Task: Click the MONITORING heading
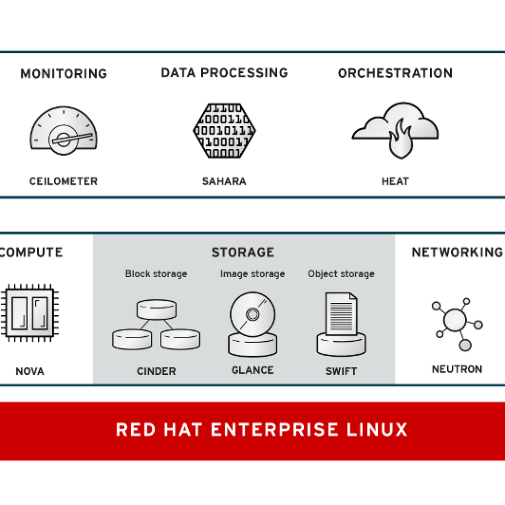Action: pyautogui.click(x=63, y=74)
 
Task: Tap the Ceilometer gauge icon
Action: pyautogui.click(x=64, y=131)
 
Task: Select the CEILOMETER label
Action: pyautogui.click(x=64, y=181)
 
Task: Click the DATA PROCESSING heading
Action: pyautogui.click(x=224, y=73)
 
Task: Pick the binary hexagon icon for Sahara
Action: pyautogui.click(x=224, y=131)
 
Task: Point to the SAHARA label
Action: pyautogui.click(x=224, y=181)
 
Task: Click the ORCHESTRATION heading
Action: pyautogui.click(x=395, y=73)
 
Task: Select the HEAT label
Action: pyautogui.click(x=395, y=181)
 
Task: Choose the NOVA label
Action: pyautogui.click(x=30, y=371)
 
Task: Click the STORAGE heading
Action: pyautogui.click(x=243, y=252)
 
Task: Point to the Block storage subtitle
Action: pyautogui.click(x=156, y=274)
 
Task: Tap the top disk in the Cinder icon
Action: pyautogui.click(x=156, y=309)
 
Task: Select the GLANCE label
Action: pyautogui.click(x=252, y=370)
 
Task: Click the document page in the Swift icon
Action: pyautogui.click(x=341, y=314)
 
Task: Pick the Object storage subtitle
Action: pyautogui.click(x=341, y=274)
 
